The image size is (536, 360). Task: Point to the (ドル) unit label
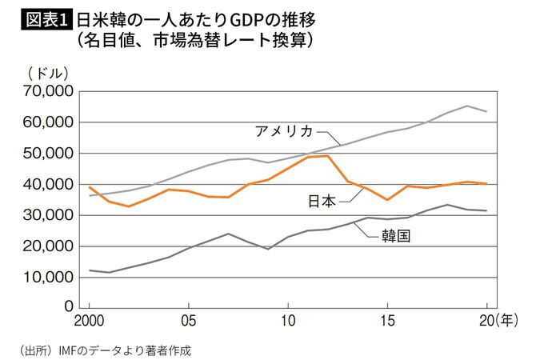(x=50, y=74)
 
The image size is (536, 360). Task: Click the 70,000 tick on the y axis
(x=46, y=92)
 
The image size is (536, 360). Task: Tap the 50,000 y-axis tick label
(x=46, y=154)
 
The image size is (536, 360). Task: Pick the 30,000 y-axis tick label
(x=46, y=215)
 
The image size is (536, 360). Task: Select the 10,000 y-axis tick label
(x=46, y=277)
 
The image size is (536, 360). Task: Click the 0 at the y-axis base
(x=68, y=307)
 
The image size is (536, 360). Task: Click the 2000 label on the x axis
(x=89, y=322)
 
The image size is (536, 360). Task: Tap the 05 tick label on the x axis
(x=187, y=322)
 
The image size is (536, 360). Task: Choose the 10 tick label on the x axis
(x=287, y=322)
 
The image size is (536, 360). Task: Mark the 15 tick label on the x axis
(x=387, y=322)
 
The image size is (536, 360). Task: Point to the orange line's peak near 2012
(x=328, y=156)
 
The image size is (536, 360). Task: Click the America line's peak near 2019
(x=467, y=106)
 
